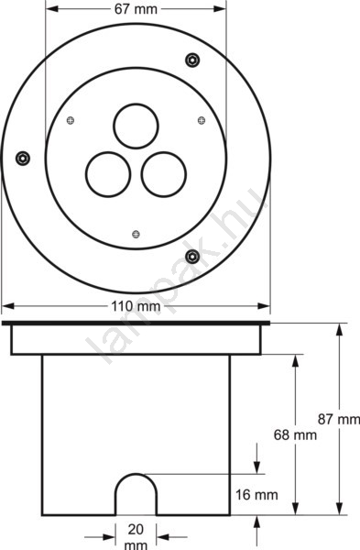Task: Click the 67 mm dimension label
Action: tap(136, 9)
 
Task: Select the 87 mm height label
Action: tap(339, 419)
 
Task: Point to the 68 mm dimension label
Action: tap(295, 434)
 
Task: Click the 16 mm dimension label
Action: tap(256, 495)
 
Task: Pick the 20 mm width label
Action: tap(136, 536)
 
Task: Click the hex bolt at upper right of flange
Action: tap(192, 60)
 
